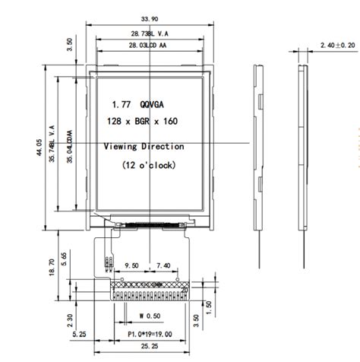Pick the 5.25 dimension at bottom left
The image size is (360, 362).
click(80, 332)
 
